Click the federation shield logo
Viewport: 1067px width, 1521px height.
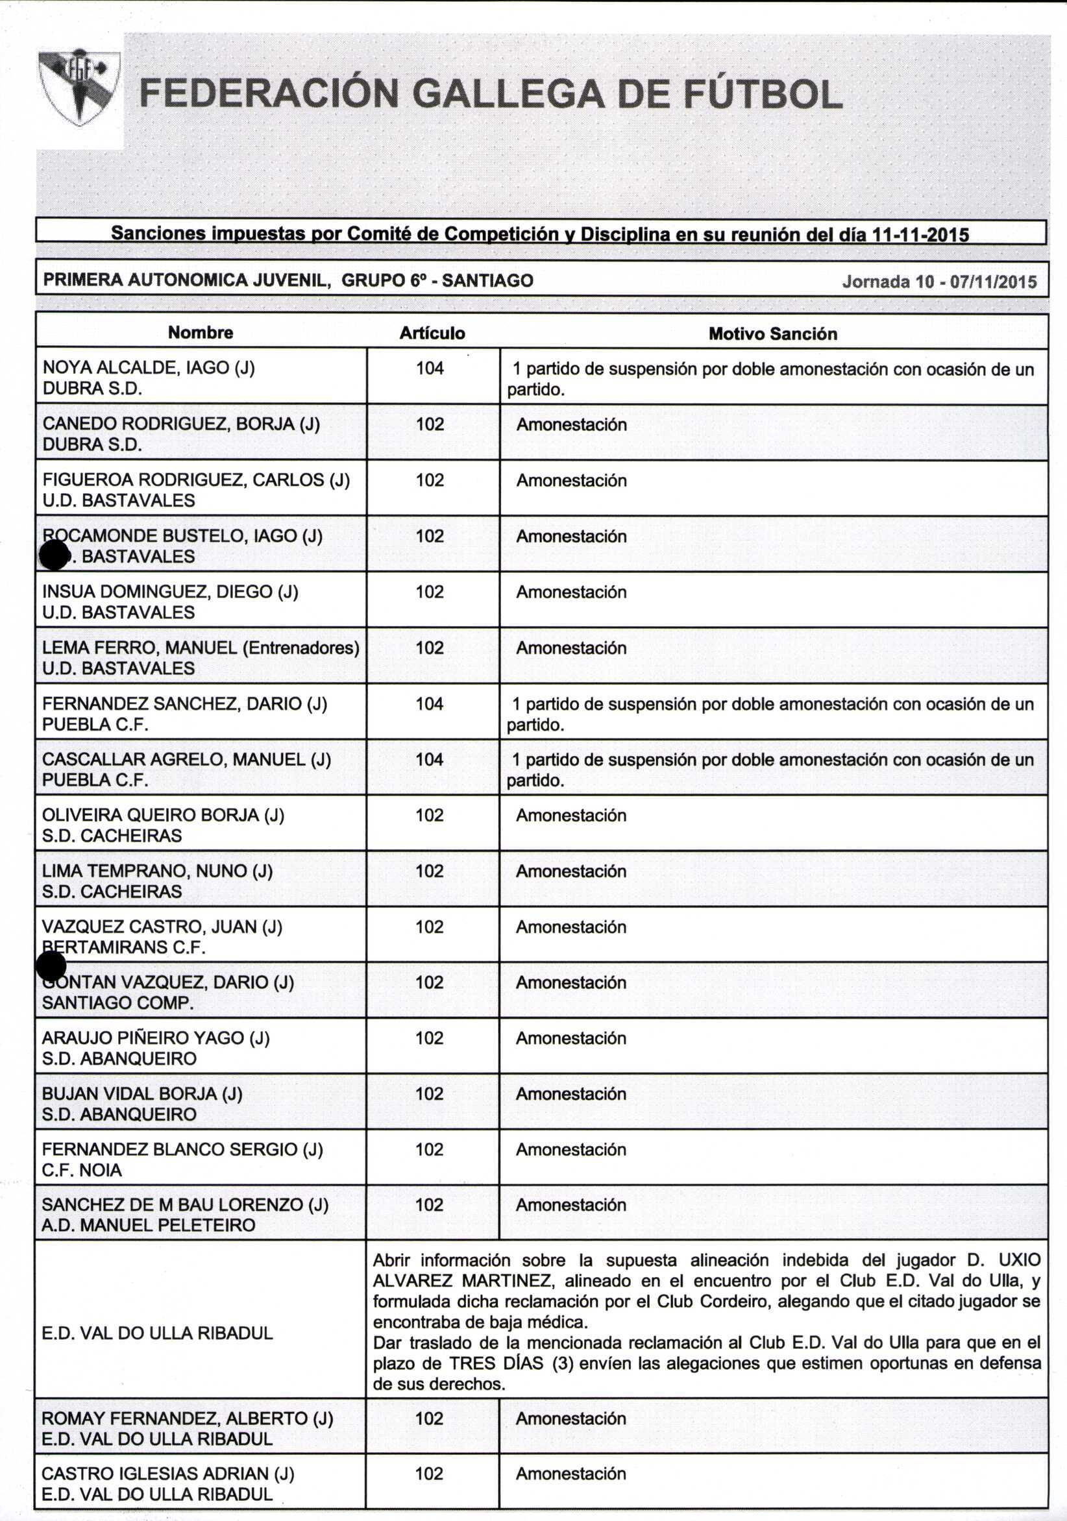click(80, 87)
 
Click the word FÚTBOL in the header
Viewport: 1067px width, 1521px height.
click(762, 93)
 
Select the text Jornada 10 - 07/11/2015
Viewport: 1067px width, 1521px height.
click(939, 282)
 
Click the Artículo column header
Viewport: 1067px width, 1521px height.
click(432, 334)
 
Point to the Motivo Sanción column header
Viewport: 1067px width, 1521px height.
click(773, 334)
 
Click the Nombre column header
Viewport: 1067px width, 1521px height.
click(200, 332)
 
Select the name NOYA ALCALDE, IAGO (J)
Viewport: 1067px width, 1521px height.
click(149, 368)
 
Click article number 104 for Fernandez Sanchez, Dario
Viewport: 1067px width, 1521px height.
click(430, 703)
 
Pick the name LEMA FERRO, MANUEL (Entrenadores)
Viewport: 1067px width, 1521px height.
click(201, 648)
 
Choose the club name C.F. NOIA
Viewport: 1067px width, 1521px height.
click(82, 1170)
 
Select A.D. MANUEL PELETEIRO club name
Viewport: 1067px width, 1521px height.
click(148, 1225)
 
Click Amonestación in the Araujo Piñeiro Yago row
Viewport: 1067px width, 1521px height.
click(570, 1038)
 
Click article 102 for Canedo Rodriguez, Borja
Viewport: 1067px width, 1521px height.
click(430, 424)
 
